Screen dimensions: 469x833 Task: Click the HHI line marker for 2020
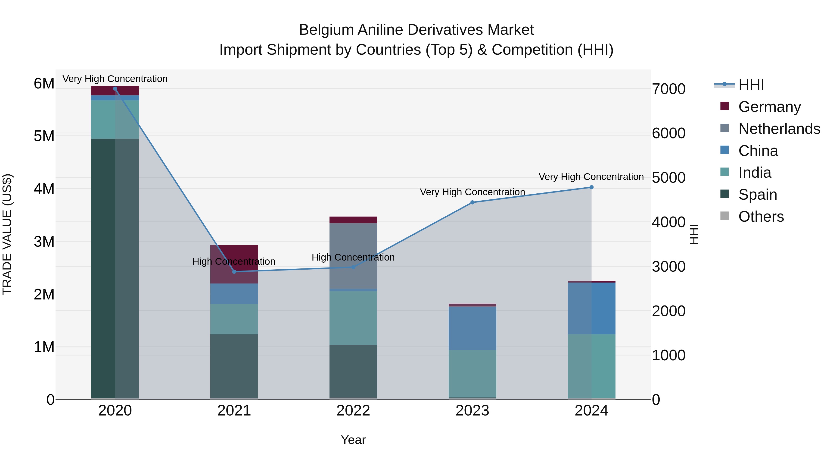click(115, 89)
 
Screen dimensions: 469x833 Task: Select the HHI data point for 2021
click(234, 272)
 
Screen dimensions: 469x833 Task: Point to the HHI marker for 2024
click(591, 187)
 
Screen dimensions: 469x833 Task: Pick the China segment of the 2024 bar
click(591, 308)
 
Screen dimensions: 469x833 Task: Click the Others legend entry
click(761, 217)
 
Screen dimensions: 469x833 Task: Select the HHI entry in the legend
click(751, 85)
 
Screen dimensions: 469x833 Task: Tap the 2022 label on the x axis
click(353, 411)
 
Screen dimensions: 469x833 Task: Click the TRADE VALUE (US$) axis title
click(7, 234)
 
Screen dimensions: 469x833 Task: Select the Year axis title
click(353, 440)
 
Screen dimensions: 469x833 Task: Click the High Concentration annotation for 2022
click(353, 257)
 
